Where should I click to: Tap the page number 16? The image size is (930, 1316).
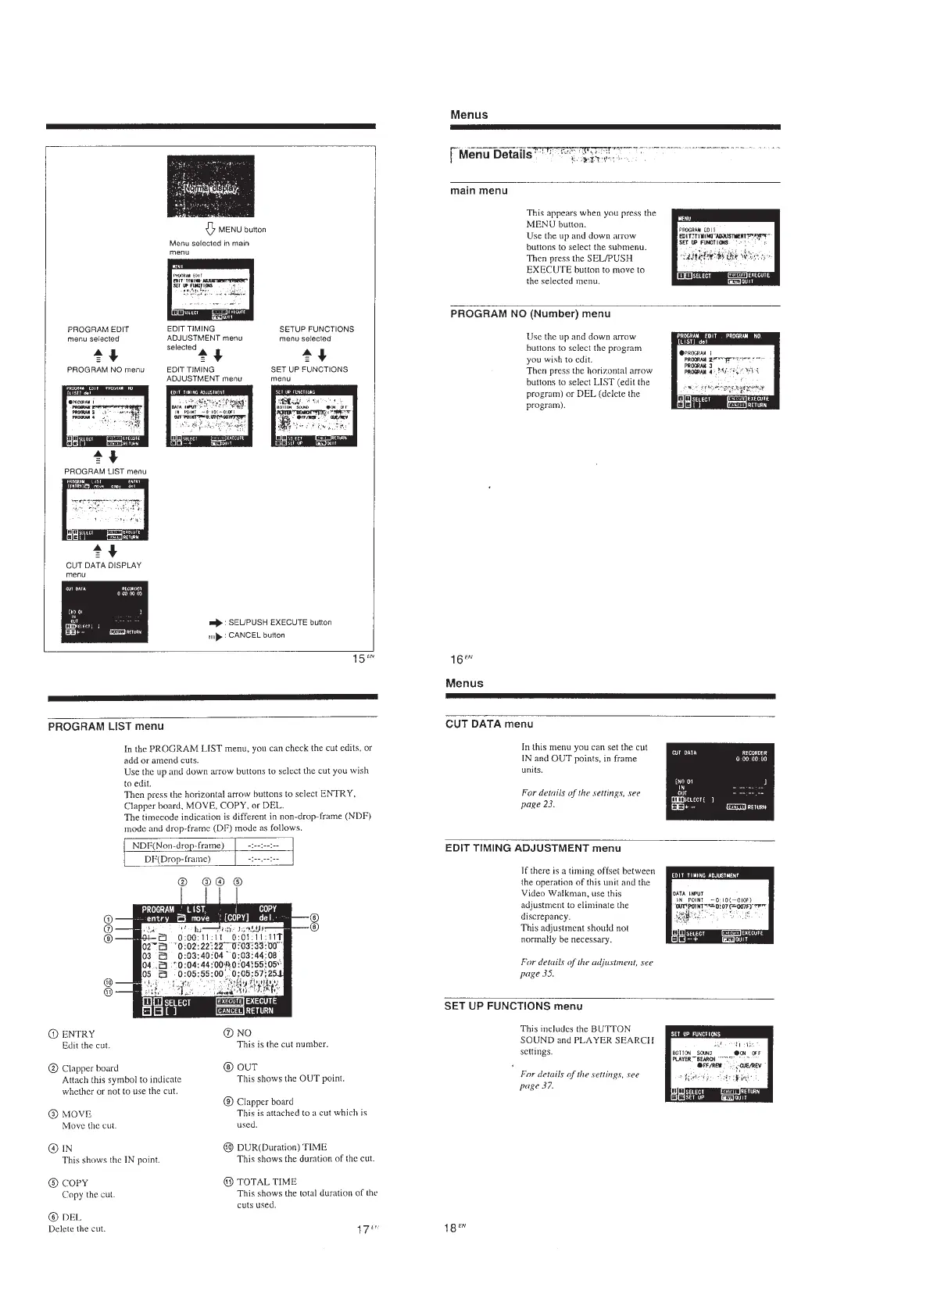pos(458,660)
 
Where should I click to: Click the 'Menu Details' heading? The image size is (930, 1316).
pos(495,154)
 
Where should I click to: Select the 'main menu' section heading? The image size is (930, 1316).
pos(479,191)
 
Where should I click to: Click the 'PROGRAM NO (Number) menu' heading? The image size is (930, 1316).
pos(531,314)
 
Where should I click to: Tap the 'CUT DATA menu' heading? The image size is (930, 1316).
pos(489,724)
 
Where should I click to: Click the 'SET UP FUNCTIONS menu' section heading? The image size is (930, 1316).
pos(513,1006)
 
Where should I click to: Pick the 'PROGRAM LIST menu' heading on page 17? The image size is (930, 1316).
pos(106,727)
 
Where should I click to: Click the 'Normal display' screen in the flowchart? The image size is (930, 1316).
pos(211,187)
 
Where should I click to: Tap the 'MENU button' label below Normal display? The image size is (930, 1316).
pos(241,230)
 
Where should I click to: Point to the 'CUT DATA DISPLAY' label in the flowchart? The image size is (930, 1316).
pos(103,565)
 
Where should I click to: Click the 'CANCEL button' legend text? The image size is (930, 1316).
pos(256,635)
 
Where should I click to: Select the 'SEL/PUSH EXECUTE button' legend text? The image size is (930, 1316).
pos(280,623)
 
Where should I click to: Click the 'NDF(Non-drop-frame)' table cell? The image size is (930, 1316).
pos(179,846)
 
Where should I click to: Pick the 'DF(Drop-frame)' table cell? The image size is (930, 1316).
pos(178,859)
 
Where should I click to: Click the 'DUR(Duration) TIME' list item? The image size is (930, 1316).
pos(281,1147)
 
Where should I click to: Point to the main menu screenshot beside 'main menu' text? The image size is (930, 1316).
pos(725,247)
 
